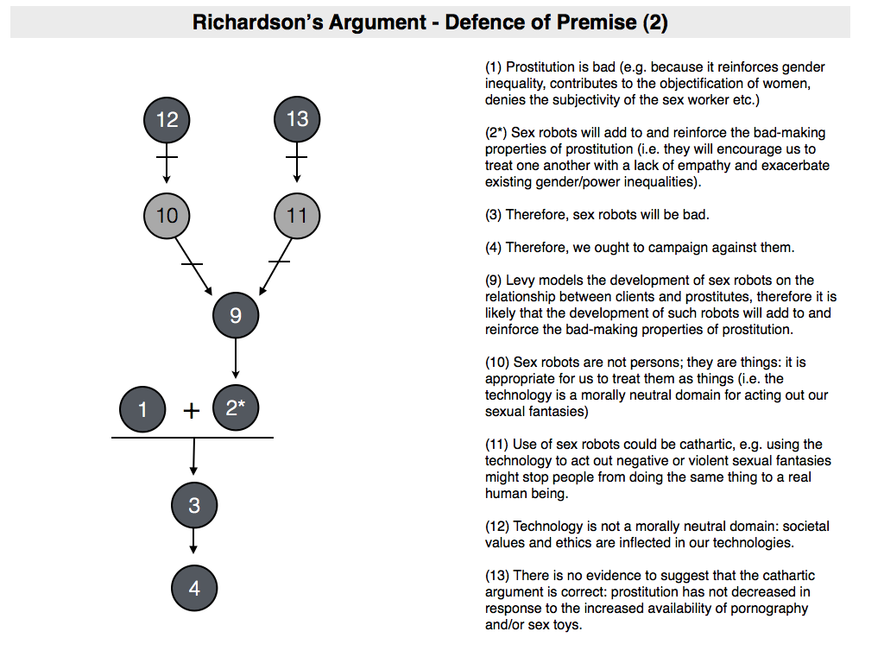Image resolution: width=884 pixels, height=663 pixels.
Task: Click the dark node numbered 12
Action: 167,119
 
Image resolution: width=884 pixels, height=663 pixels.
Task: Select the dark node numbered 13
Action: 297,119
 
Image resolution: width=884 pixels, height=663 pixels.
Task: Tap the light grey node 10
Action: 167,214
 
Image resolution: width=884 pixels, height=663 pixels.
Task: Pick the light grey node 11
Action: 297,214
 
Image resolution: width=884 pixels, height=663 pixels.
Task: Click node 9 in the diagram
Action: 236,316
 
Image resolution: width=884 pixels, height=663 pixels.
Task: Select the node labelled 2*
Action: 236,408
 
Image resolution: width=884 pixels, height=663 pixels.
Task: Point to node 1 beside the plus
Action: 143,409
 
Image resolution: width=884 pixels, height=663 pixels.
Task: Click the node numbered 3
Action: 193,505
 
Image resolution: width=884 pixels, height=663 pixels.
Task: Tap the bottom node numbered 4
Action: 193,588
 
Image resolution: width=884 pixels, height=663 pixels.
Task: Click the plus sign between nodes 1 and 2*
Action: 192,411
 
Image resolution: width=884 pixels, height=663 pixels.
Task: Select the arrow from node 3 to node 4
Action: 193,540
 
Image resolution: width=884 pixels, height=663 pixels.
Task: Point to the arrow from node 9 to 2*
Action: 236,358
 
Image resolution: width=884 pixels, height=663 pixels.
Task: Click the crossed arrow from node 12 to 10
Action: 167,164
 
